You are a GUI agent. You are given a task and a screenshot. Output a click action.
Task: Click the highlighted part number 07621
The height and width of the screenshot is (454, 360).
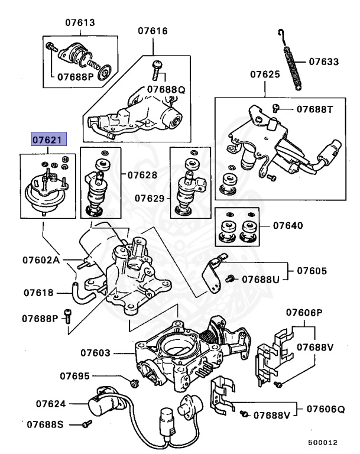click(49, 140)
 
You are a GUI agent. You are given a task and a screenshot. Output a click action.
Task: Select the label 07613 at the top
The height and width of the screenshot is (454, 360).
click(80, 22)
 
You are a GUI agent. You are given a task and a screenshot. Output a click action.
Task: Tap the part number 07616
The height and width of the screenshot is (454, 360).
click(153, 31)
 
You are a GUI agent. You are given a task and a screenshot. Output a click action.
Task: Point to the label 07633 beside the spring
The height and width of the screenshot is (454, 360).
click(323, 61)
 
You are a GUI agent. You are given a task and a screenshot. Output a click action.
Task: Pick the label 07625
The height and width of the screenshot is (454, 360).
click(265, 74)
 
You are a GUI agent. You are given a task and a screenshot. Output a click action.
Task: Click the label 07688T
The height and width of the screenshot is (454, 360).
click(315, 109)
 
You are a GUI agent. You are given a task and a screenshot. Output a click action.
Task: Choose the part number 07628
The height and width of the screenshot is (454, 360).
click(142, 175)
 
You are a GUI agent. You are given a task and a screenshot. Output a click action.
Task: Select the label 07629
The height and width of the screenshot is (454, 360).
click(150, 199)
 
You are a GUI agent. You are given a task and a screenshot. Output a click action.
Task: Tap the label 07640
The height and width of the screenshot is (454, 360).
click(288, 225)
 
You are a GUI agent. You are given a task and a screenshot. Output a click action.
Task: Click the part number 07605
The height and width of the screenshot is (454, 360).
click(312, 271)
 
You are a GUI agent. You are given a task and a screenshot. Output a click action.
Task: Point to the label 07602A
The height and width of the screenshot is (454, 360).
click(41, 260)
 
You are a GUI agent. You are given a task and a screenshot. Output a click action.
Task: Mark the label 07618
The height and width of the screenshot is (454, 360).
click(38, 293)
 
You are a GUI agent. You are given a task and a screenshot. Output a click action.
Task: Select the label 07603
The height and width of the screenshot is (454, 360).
click(96, 353)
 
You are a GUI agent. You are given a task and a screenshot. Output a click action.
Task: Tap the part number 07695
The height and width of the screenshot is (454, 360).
click(74, 376)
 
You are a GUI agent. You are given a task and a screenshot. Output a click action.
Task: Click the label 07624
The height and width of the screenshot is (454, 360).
click(51, 404)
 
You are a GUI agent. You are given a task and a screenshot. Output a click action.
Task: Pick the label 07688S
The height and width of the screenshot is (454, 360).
click(45, 424)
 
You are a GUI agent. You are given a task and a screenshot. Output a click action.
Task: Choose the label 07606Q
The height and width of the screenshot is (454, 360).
click(326, 409)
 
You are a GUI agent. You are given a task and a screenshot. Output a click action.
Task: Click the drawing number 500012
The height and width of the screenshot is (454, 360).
click(323, 443)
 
